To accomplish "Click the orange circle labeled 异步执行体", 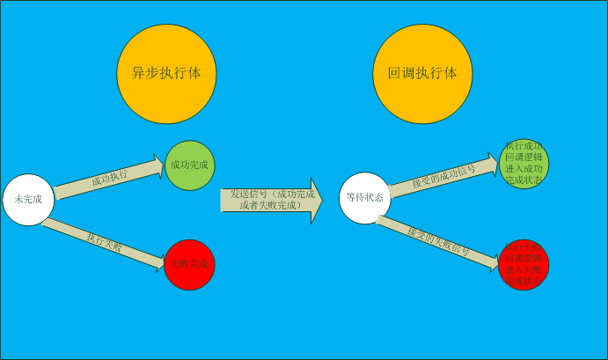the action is point(167,74).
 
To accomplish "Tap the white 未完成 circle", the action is point(28,200).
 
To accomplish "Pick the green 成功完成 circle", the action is point(190,165).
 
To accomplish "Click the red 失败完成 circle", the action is point(190,264).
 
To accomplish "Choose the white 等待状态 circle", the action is point(364,198).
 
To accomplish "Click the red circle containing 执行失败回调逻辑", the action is point(524,264).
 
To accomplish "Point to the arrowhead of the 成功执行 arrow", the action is point(159,165).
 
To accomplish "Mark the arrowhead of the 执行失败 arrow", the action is point(159,261).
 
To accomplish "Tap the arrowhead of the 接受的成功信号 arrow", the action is point(493,161).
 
